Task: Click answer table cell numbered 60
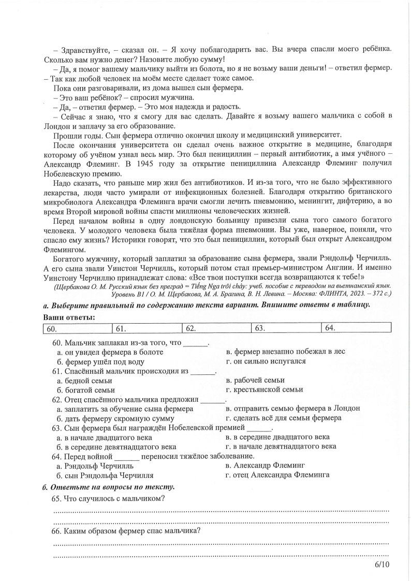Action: [x=78, y=328]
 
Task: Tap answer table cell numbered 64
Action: [x=357, y=328]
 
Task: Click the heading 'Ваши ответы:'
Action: [x=69, y=317]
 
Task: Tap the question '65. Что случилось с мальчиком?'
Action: [x=109, y=499]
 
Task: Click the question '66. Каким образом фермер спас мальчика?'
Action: [x=127, y=531]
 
